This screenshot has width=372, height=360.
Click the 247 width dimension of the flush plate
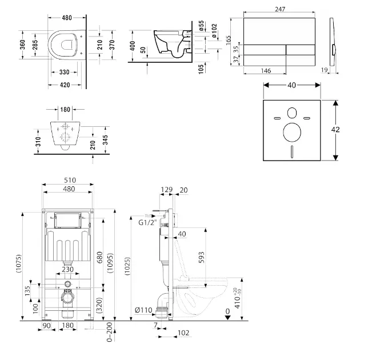coord(279,10)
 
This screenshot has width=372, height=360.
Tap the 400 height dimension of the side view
coord(133,46)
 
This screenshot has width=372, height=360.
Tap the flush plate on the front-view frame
coord(67,220)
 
